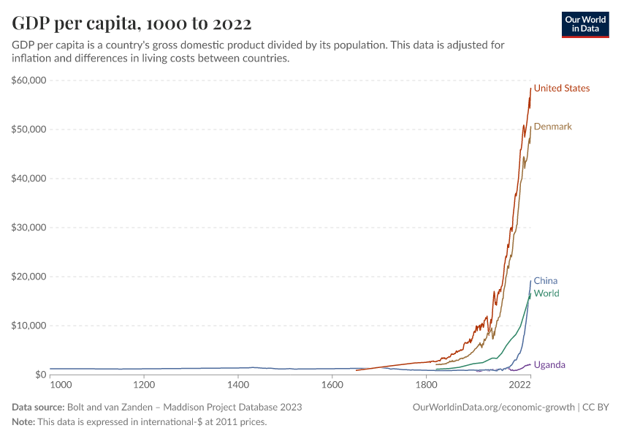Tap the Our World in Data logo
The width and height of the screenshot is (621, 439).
point(584,24)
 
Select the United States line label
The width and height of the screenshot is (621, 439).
point(561,89)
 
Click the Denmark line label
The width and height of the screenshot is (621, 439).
point(552,127)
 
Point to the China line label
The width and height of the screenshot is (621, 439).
point(545,281)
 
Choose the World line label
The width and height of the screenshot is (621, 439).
point(546,293)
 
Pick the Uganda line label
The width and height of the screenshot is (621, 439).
point(549,365)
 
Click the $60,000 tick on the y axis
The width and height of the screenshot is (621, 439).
point(29,80)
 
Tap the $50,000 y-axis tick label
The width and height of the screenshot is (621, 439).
point(29,130)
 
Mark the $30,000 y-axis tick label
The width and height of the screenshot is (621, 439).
point(29,228)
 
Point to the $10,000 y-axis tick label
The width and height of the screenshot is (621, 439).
point(29,326)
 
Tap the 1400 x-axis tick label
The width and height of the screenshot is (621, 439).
point(238,385)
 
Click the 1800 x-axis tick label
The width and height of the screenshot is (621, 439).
point(426,385)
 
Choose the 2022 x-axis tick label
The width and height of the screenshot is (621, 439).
point(519,385)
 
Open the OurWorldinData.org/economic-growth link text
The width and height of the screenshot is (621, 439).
point(494,407)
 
